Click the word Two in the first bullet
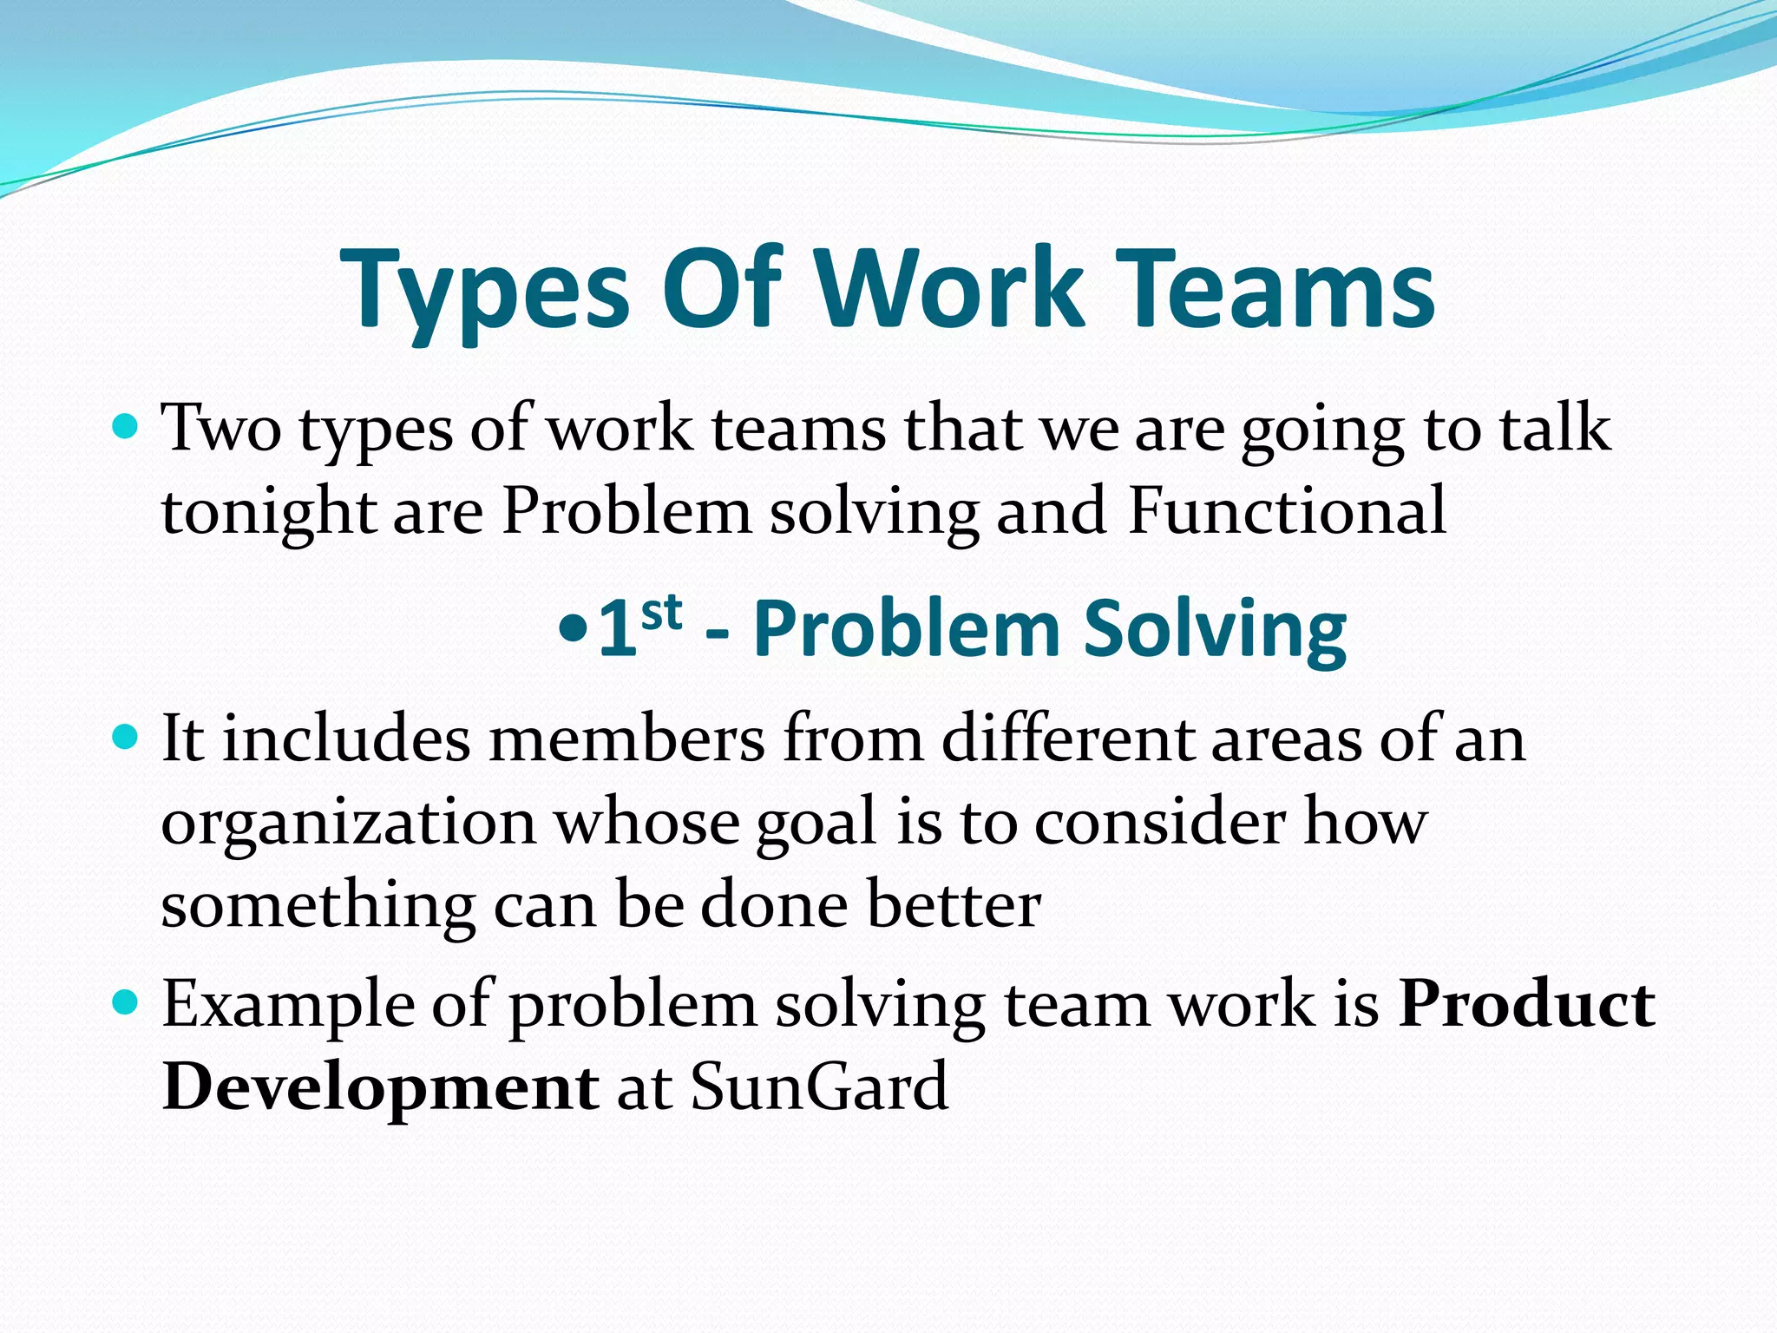222,429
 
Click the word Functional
1287,511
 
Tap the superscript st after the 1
661,613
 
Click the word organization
349,824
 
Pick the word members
626,739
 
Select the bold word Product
1526,1004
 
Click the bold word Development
380,1088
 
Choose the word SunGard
819,1087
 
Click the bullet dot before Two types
126,427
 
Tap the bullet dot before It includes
126,738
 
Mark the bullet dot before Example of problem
126,1003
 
